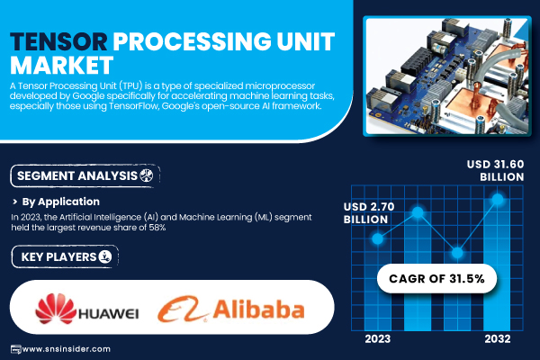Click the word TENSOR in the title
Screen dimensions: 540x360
pos(58,41)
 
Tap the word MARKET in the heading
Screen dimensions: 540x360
pos(61,65)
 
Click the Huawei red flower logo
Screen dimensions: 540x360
pos(56,309)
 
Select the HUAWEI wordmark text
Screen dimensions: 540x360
pos(109,313)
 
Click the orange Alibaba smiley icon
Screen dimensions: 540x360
pos(183,309)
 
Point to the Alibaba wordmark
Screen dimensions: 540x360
pos(258,310)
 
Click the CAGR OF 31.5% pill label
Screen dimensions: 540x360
pos(436,279)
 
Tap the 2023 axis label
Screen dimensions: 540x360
pos(378,339)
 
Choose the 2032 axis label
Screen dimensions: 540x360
pos(498,339)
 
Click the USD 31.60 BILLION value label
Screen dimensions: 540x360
pos(495,170)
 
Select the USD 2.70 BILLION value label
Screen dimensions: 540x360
pos(369,213)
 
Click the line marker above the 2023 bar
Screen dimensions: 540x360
pos(378,238)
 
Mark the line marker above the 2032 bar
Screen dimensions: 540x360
pos(498,199)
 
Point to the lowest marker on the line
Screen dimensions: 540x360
pos(457,253)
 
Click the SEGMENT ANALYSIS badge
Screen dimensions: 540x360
pos(85,176)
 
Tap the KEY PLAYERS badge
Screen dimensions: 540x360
pos(65,256)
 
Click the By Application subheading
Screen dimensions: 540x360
pos(60,202)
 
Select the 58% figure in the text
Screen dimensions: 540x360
pos(157,228)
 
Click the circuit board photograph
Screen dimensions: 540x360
pos(447,76)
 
